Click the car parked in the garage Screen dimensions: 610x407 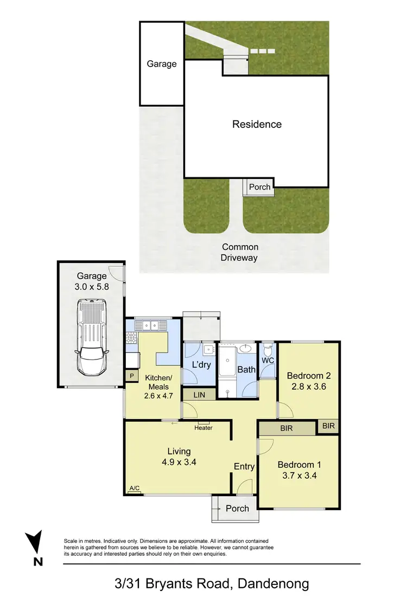coord(91,338)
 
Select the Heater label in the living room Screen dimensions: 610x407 coord(203,428)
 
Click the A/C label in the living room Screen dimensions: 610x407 coord(134,489)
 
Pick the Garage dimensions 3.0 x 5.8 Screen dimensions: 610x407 coord(91,287)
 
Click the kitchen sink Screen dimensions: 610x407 coord(147,326)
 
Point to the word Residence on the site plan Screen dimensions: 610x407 coord(257,124)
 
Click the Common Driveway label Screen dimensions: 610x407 coord(239,253)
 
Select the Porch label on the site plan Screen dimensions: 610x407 coord(259,187)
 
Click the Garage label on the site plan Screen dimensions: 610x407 coord(162,63)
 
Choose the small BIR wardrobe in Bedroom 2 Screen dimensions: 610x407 coord(328,426)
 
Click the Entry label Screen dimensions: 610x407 coord(244,466)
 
